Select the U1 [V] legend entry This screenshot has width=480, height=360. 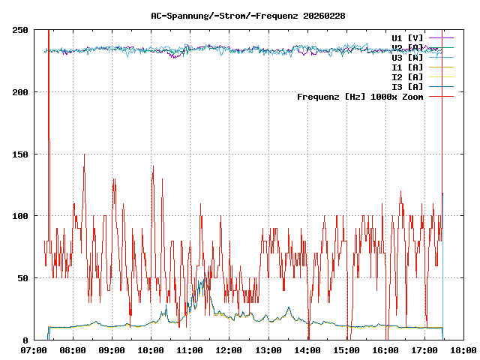click(407, 37)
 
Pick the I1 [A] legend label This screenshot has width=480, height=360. click(407, 67)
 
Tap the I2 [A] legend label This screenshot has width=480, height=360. click(407, 76)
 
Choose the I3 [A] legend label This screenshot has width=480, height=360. click(407, 86)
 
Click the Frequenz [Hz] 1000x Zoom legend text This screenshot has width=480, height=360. click(360, 96)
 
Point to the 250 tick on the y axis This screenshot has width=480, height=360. click(21, 30)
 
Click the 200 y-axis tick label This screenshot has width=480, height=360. click(21, 92)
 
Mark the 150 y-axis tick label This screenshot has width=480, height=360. click(21, 154)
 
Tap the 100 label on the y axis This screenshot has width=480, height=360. click(21, 216)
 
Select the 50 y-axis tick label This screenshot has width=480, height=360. click(23, 278)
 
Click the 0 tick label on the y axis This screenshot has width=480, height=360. click(26, 340)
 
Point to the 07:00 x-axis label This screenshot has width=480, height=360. click(34, 350)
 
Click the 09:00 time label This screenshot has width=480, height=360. click(112, 350)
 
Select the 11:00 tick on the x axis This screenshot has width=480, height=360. click(190, 350)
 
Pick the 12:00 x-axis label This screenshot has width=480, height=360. click(229, 350)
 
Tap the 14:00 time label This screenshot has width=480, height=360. click(307, 350)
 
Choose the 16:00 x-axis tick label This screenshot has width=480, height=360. click(385, 350)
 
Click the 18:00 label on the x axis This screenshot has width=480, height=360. click(463, 350)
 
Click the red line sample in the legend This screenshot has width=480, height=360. click(440, 96)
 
